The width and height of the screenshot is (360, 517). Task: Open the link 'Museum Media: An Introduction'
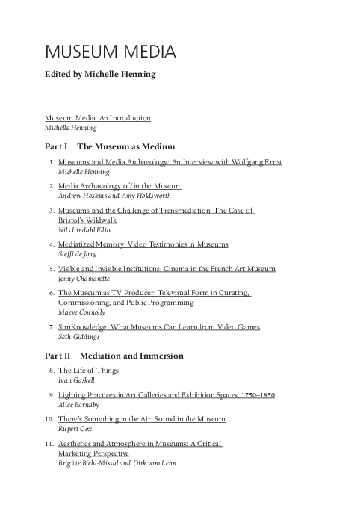[97, 118]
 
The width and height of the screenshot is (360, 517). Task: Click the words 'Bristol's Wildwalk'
[85, 221]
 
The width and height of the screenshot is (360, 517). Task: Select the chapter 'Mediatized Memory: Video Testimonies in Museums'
[143, 245]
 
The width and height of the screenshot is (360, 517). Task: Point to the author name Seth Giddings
[79, 337]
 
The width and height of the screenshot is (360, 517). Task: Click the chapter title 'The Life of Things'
[88, 371]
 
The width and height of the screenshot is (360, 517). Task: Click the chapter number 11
[50, 444]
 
